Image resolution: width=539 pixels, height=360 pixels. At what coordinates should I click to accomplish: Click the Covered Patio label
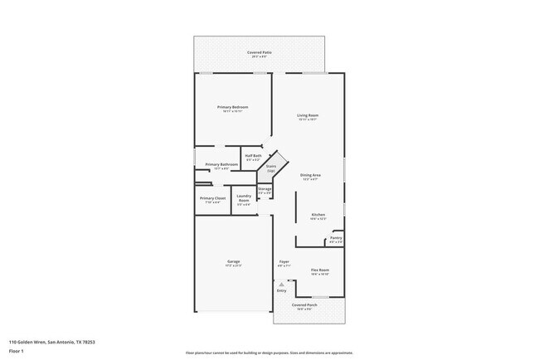click(x=259, y=53)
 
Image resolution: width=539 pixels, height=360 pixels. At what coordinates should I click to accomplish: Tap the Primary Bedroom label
click(x=233, y=108)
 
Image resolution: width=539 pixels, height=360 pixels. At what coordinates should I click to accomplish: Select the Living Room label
click(x=308, y=115)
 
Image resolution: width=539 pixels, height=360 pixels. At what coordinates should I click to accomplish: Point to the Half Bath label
click(x=253, y=156)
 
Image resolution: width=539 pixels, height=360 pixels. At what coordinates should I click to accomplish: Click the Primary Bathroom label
click(x=221, y=165)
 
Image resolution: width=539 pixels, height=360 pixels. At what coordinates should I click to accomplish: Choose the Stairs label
click(x=270, y=168)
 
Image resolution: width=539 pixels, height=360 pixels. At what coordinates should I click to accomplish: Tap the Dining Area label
click(x=311, y=176)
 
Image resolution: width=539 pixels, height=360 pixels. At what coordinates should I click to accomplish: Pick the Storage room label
click(x=265, y=189)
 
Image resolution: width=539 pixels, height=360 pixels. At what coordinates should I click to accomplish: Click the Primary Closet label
click(x=212, y=198)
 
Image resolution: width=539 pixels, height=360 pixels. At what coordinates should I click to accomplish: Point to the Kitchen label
click(x=318, y=215)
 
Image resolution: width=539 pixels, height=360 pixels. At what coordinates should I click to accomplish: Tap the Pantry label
click(x=335, y=238)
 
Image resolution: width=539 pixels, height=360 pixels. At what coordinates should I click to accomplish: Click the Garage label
click(x=233, y=262)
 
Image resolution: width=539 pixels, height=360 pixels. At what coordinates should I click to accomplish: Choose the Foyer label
click(x=284, y=262)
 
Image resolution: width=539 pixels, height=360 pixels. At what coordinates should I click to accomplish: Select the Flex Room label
click(x=320, y=270)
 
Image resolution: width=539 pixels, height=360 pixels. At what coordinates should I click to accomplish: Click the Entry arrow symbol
click(x=281, y=285)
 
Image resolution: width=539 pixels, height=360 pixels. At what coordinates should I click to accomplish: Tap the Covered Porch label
click(x=305, y=304)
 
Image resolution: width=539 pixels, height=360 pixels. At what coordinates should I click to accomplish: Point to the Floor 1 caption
click(x=17, y=351)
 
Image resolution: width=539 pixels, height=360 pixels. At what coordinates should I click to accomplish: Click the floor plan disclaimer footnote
click(x=269, y=353)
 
